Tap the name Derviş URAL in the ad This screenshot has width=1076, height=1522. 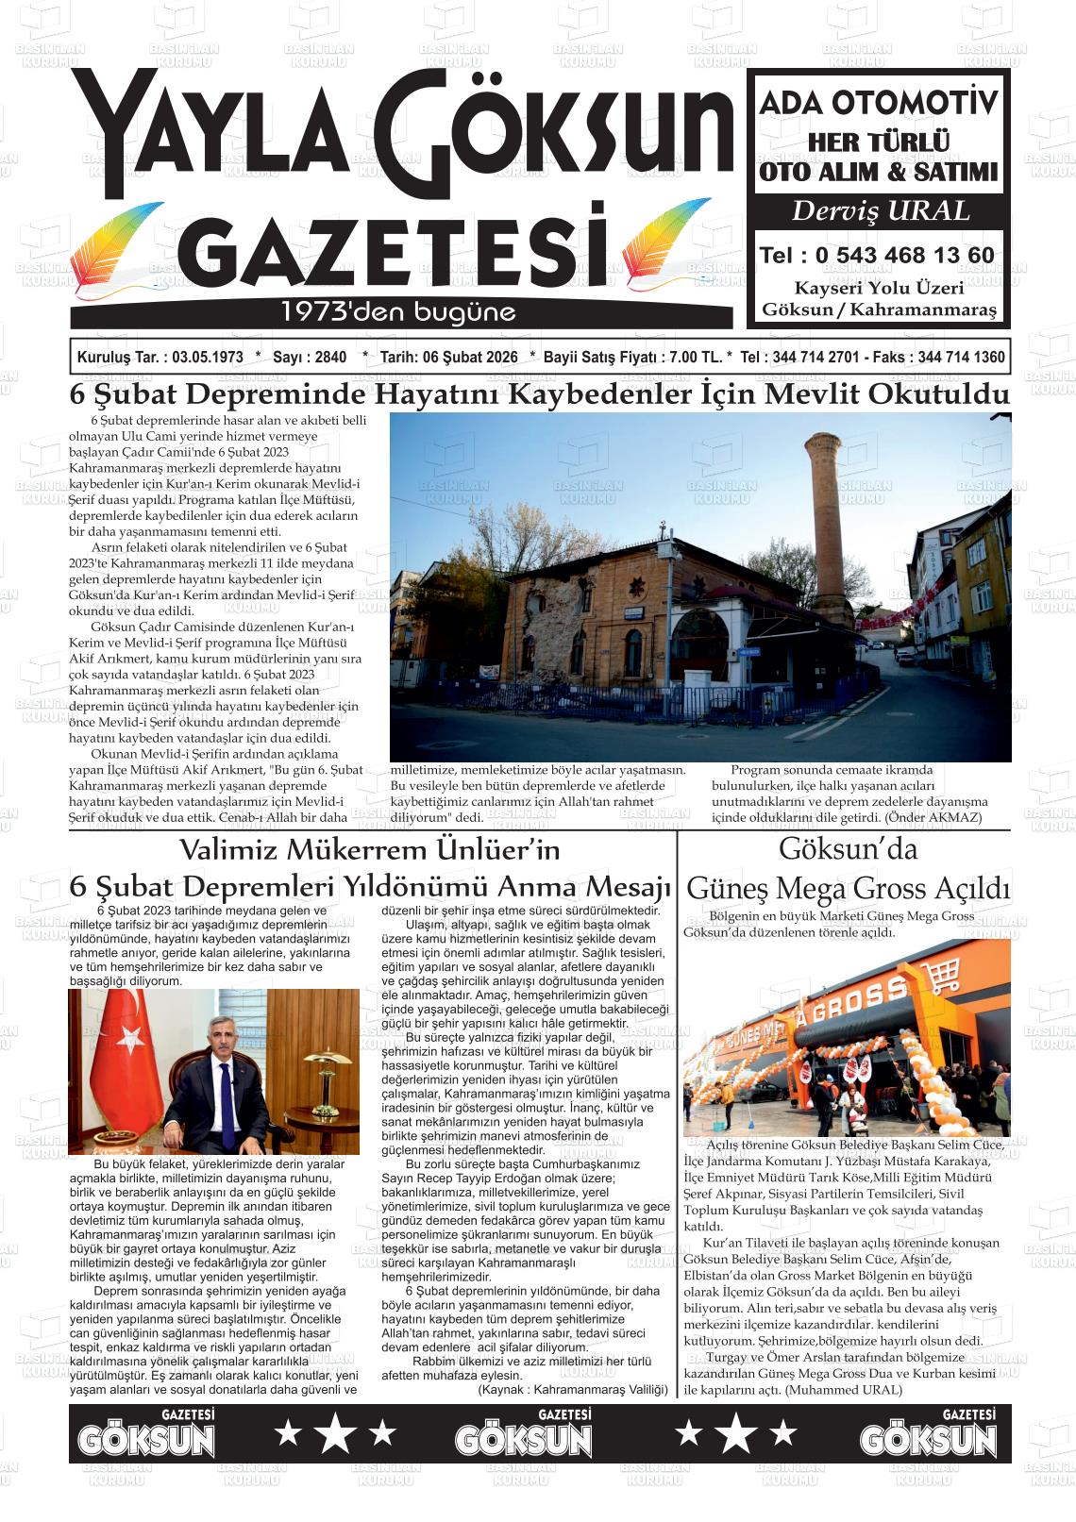880,210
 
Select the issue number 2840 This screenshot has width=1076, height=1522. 328,358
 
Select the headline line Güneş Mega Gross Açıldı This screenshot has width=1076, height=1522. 848,889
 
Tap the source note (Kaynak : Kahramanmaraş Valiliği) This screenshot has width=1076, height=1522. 572,1390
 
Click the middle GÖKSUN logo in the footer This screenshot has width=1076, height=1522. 523,1434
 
